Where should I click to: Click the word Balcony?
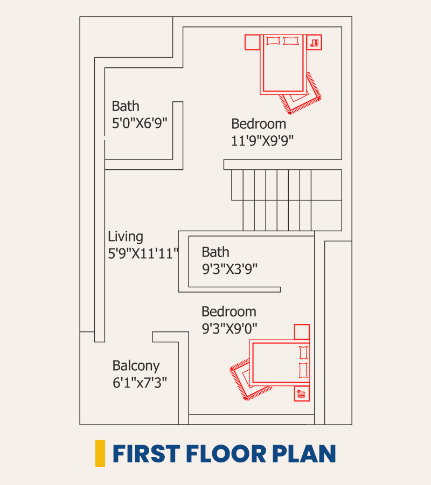click(x=136, y=366)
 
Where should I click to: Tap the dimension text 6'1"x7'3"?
click(x=140, y=383)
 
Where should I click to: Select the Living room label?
click(x=126, y=237)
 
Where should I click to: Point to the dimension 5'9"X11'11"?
click(x=143, y=254)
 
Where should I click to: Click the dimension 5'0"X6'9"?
click(x=140, y=123)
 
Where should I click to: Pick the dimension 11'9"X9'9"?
click(x=262, y=141)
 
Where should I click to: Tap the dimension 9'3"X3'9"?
click(x=230, y=269)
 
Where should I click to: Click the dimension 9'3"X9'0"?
click(x=230, y=329)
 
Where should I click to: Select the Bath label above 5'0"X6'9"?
click(x=126, y=106)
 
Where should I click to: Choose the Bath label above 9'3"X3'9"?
click(x=215, y=252)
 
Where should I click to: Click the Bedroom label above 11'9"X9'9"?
click(x=259, y=124)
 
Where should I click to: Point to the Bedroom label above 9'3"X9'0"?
click(x=229, y=311)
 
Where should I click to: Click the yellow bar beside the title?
click(x=100, y=453)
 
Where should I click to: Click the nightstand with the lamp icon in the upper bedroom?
click(x=314, y=42)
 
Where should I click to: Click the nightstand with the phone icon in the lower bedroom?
click(x=302, y=394)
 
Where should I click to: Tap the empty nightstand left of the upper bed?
click(x=252, y=42)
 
